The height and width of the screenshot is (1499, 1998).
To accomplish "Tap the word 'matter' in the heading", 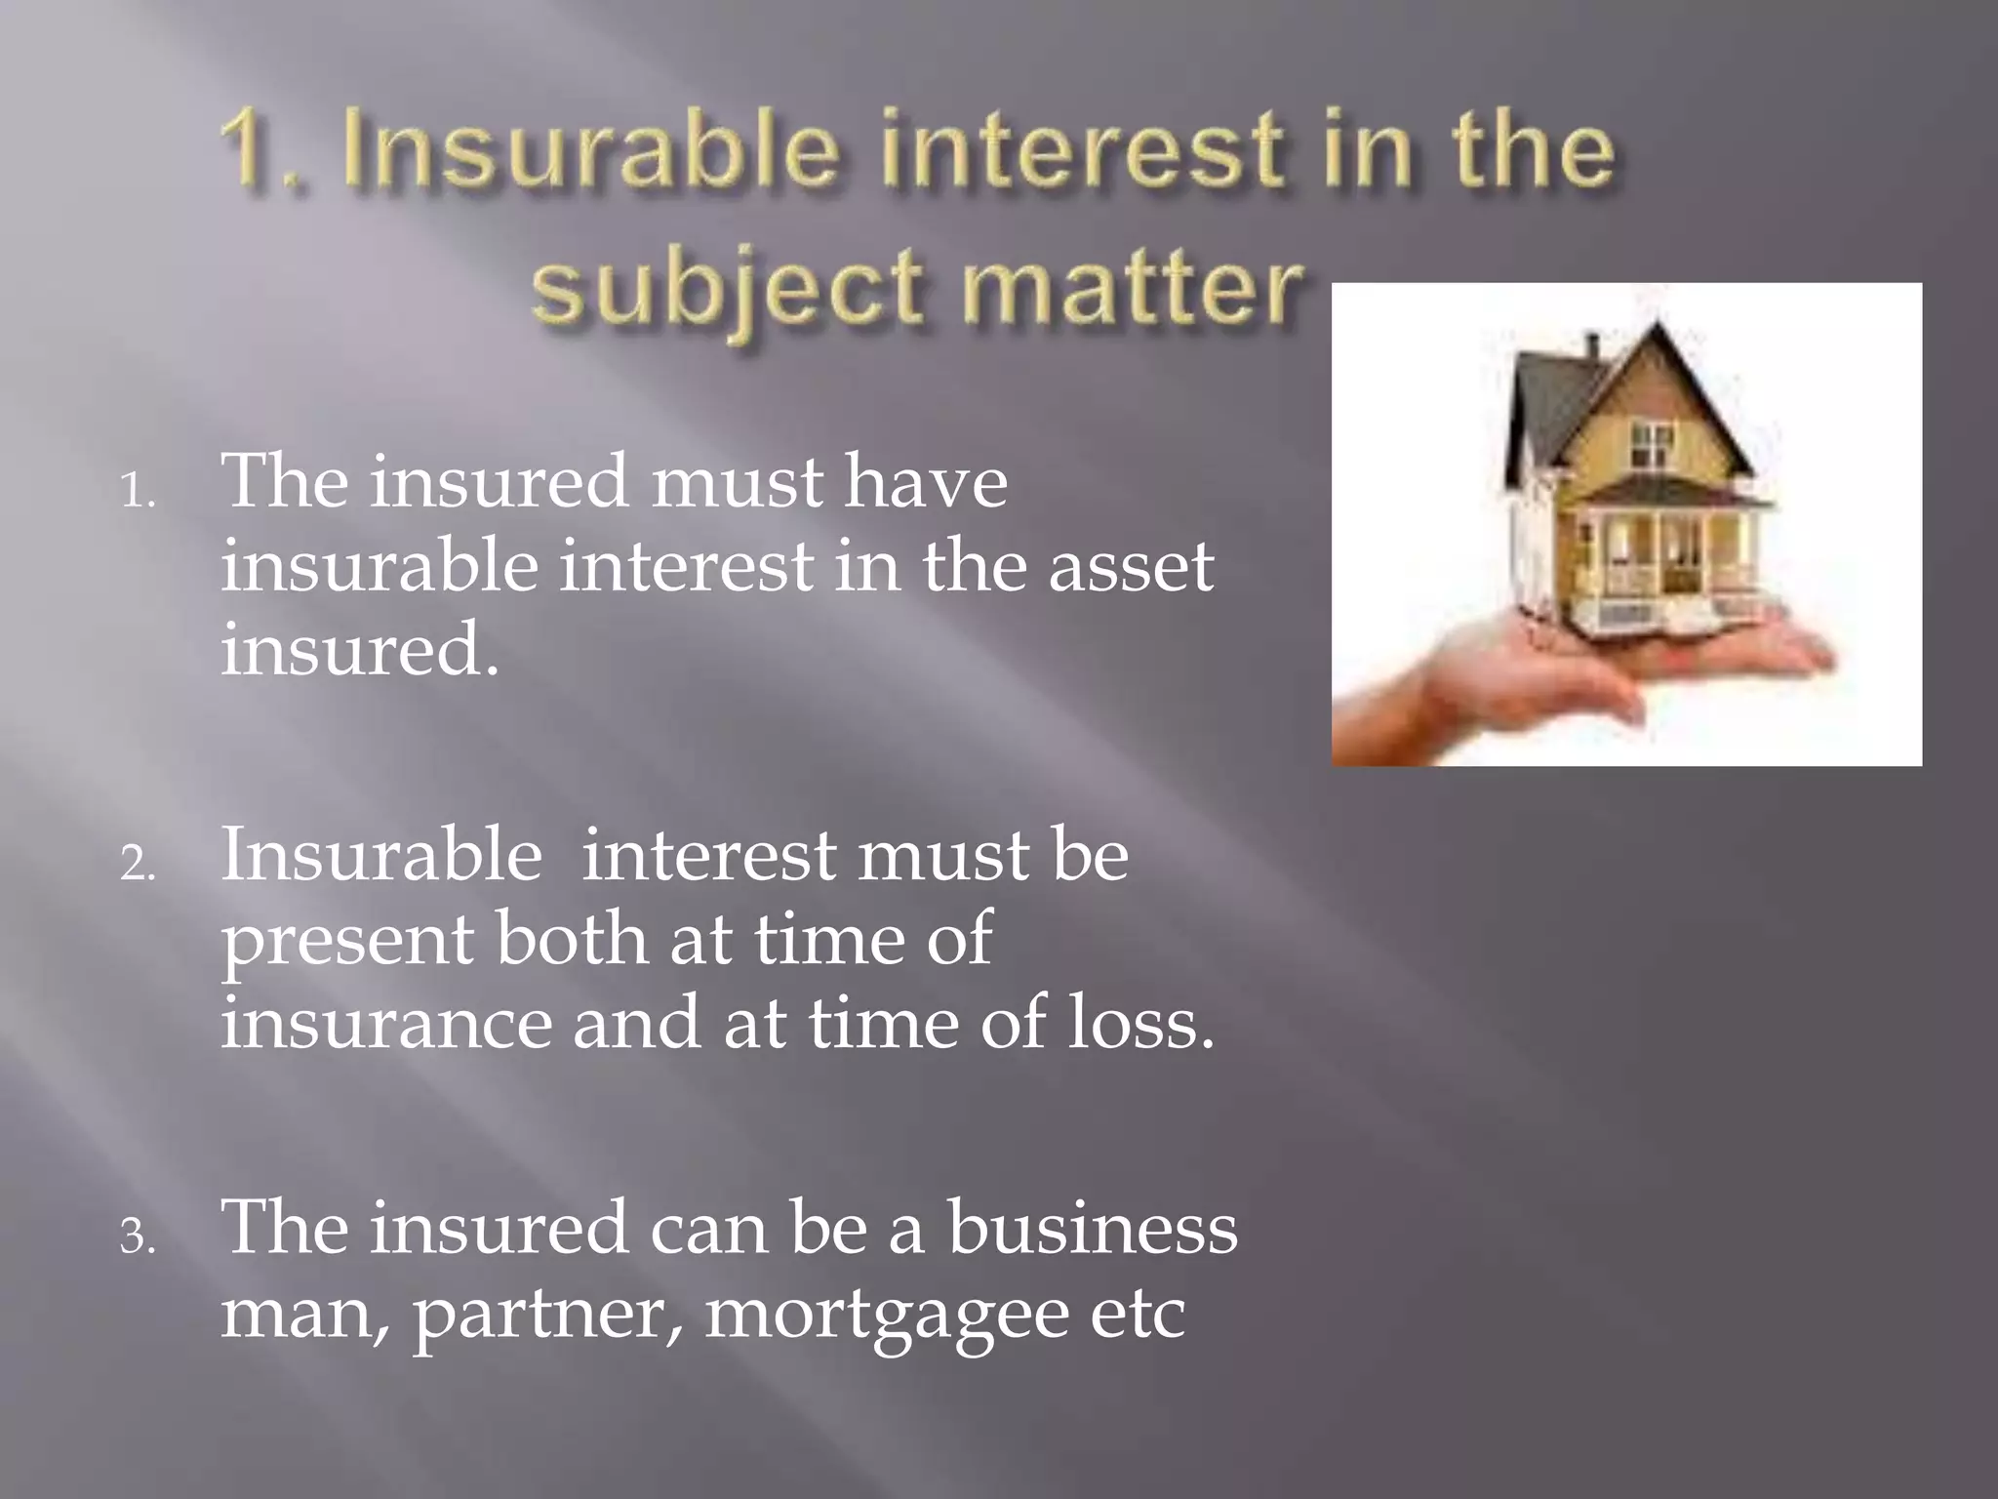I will (1133, 286).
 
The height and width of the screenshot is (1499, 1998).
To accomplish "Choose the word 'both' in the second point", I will (572, 938).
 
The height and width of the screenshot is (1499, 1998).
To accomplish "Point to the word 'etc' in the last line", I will (1137, 1313).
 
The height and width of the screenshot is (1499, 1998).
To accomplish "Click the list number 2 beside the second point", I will (138, 863).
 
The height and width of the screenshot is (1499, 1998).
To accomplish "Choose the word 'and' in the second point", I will (635, 1022).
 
